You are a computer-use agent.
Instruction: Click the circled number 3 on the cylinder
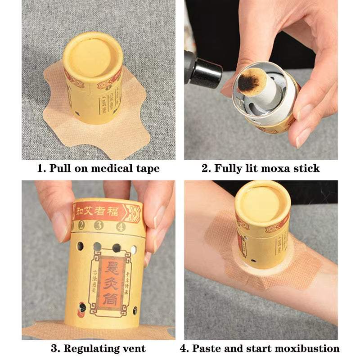point(98,225)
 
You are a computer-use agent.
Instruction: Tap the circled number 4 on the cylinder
point(120,226)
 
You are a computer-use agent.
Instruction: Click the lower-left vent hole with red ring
point(82,307)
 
